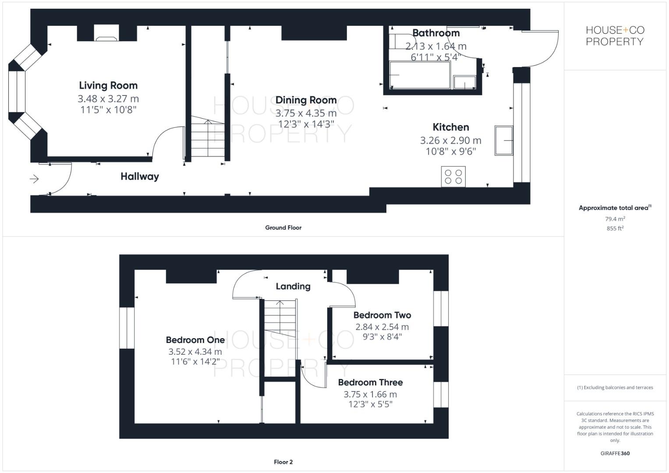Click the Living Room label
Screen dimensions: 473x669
(x=108, y=85)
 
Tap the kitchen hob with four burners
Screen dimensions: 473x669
(x=453, y=176)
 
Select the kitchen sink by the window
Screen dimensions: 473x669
(x=504, y=140)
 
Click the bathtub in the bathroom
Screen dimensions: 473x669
(x=420, y=75)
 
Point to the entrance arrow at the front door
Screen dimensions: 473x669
(x=34, y=179)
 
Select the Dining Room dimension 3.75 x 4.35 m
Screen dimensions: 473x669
(x=306, y=113)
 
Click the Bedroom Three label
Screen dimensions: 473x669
(x=370, y=382)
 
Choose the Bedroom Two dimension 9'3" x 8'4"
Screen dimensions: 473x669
(x=382, y=337)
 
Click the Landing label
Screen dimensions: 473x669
(x=293, y=286)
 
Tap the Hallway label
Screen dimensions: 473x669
(x=140, y=176)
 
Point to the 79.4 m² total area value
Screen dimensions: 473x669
(x=615, y=219)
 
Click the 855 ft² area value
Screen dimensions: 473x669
(x=615, y=228)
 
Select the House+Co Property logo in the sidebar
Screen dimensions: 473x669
(x=615, y=36)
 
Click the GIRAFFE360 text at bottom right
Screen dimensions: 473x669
(x=615, y=453)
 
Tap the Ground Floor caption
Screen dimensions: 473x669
(x=283, y=228)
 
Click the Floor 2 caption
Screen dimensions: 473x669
(x=283, y=462)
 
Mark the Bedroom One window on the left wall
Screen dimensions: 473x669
(x=127, y=328)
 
